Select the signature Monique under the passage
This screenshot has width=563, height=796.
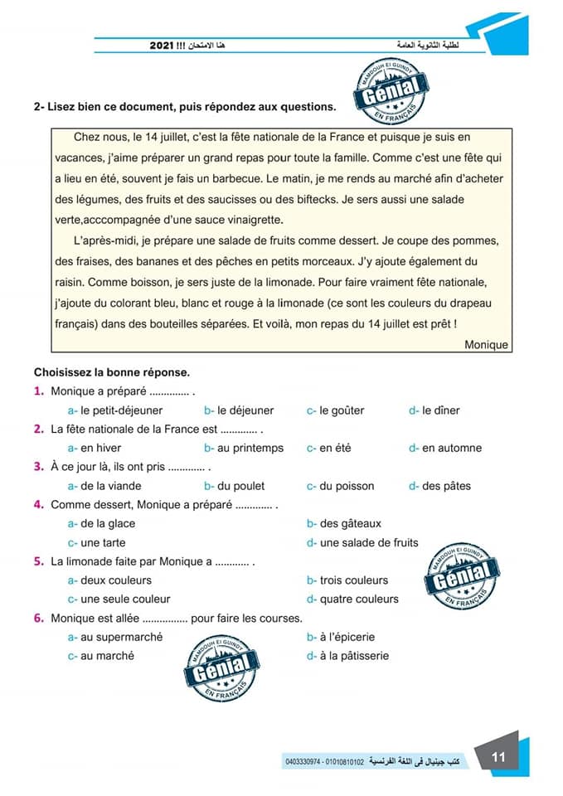click(x=486, y=344)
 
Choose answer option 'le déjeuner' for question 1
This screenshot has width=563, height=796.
click(x=245, y=410)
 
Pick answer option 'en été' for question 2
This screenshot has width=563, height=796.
click(x=335, y=448)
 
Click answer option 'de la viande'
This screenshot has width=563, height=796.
click(x=110, y=486)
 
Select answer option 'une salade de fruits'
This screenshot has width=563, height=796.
click(x=369, y=543)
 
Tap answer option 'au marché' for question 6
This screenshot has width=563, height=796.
click(x=107, y=656)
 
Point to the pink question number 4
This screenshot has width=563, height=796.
click(x=38, y=504)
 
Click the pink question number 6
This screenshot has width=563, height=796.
click(x=38, y=618)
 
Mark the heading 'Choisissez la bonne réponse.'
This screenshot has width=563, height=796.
click(x=112, y=372)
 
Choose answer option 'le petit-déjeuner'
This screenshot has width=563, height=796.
click(x=121, y=410)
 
